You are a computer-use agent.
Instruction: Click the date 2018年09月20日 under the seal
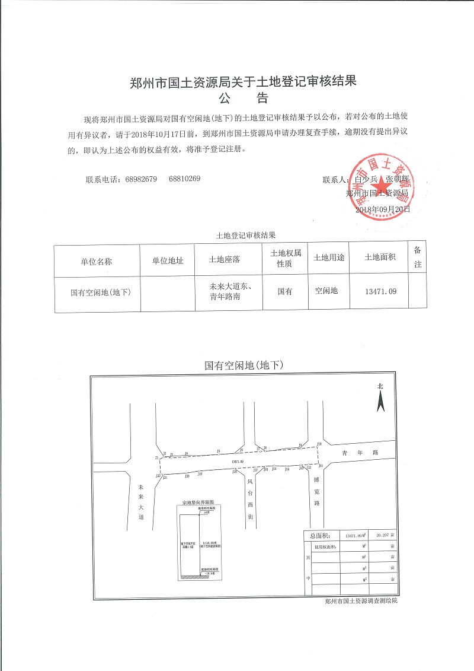382,209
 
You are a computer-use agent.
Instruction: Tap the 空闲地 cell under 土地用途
326,291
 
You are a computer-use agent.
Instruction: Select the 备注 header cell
417,257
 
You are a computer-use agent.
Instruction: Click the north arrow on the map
380,400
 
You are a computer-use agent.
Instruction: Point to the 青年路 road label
359,453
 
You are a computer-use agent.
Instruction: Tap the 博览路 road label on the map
317,492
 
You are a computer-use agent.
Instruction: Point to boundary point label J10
319,444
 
